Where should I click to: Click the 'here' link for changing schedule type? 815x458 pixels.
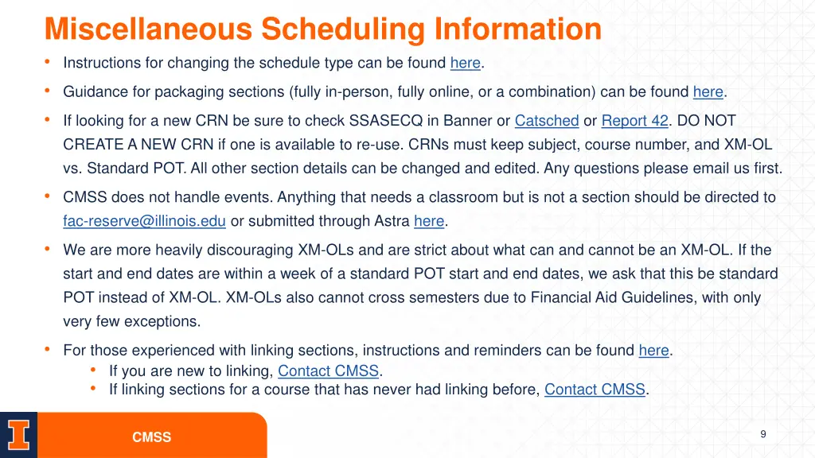466,63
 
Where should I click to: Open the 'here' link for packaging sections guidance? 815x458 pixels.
708,91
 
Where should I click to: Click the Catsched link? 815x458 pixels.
547,121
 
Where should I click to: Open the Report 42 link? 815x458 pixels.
634,121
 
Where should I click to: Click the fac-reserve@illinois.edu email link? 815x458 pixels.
145,221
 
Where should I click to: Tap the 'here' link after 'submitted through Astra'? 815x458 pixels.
429,221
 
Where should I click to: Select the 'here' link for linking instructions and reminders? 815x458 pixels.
653,351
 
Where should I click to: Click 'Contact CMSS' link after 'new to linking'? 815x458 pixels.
329,371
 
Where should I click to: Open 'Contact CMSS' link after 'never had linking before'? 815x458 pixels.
595,390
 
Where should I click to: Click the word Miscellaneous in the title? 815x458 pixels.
149,29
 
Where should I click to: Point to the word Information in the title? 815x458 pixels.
518,29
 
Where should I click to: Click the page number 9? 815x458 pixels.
763,433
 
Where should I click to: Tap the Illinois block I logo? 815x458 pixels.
18,435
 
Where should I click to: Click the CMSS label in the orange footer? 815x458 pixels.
151,437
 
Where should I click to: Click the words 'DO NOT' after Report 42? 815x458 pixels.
708,121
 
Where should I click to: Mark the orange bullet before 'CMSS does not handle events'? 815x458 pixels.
49,196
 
